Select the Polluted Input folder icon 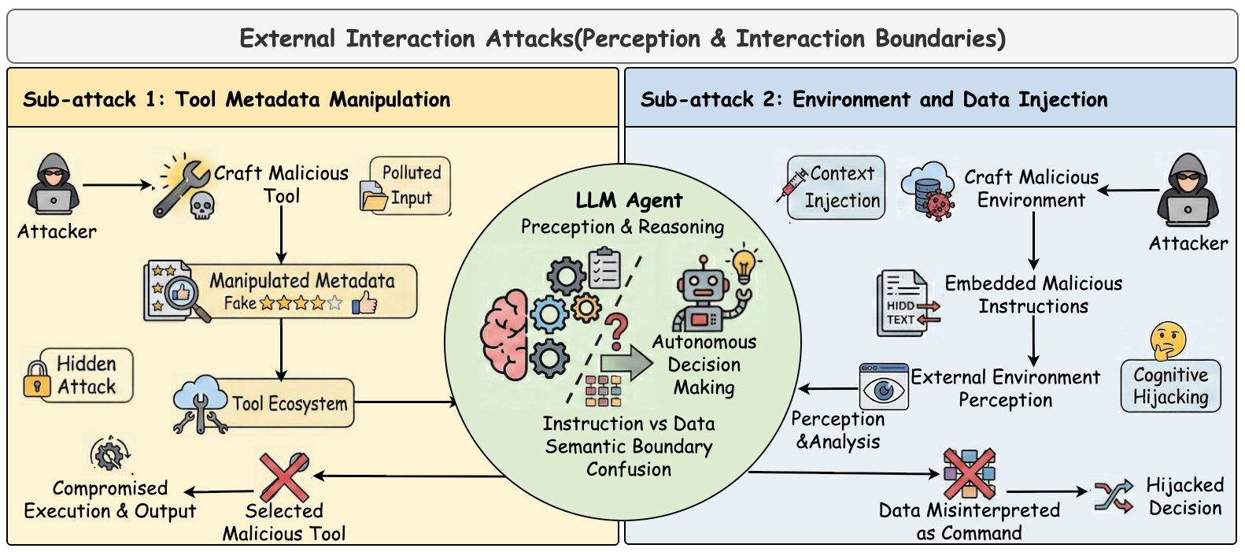click(374, 196)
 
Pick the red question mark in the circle click(616, 332)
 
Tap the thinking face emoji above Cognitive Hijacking click(1168, 340)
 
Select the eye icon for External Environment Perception click(883, 387)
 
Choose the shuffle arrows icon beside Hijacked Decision click(1114, 495)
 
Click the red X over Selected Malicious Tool click(285, 477)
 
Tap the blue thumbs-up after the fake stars click(364, 303)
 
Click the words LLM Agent click(629, 200)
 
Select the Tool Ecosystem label click(290, 404)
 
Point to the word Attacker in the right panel click(1188, 243)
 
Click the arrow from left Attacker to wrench click(117, 185)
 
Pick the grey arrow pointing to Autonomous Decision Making click(626, 364)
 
